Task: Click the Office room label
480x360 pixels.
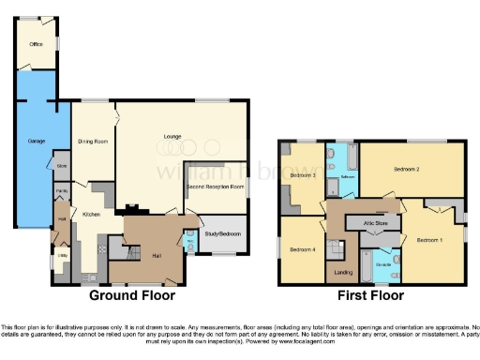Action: pyautogui.click(x=36, y=44)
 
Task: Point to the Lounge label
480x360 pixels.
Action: pyautogui.click(x=172, y=137)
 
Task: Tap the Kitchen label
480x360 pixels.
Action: pyautogui.click(x=91, y=215)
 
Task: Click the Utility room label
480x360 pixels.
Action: pyautogui.click(x=63, y=255)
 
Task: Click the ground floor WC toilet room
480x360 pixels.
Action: pyautogui.click(x=190, y=240)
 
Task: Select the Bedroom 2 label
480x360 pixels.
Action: pyautogui.click(x=405, y=170)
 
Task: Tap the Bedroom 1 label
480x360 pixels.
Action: pyautogui.click(x=429, y=240)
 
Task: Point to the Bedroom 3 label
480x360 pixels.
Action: pyautogui.click(x=300, y=175)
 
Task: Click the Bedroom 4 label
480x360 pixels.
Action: pyautogui.click(x=300, y=249)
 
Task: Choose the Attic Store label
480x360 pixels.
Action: pyautogui.click(x=362, y=222)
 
